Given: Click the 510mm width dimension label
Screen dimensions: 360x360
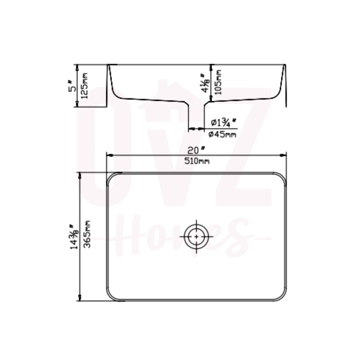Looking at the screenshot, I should [x=197, y=161].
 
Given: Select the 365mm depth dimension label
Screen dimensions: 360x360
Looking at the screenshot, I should [x=88, y=234].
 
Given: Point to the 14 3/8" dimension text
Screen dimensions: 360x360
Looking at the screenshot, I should [x=74, y=237].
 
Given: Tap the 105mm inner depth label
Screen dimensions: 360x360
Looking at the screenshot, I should [x=218, y=82].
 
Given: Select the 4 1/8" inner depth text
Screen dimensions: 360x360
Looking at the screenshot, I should [x=205, y=83].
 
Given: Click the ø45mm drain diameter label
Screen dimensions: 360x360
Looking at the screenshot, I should [x=222, y=134].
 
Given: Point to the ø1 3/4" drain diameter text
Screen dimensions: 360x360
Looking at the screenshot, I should [x=223, y=123].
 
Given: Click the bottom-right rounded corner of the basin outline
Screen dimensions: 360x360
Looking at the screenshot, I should [x=282, y=296].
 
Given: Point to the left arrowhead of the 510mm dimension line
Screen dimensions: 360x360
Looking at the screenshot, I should [x=109, y=155].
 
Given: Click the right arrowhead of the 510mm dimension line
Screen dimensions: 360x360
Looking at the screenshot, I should [x=284, y=155].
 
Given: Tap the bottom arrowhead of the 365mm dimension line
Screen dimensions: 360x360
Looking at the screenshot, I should [x=80, y=298].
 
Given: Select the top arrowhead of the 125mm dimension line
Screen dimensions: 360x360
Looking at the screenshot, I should [x=77, y=67].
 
